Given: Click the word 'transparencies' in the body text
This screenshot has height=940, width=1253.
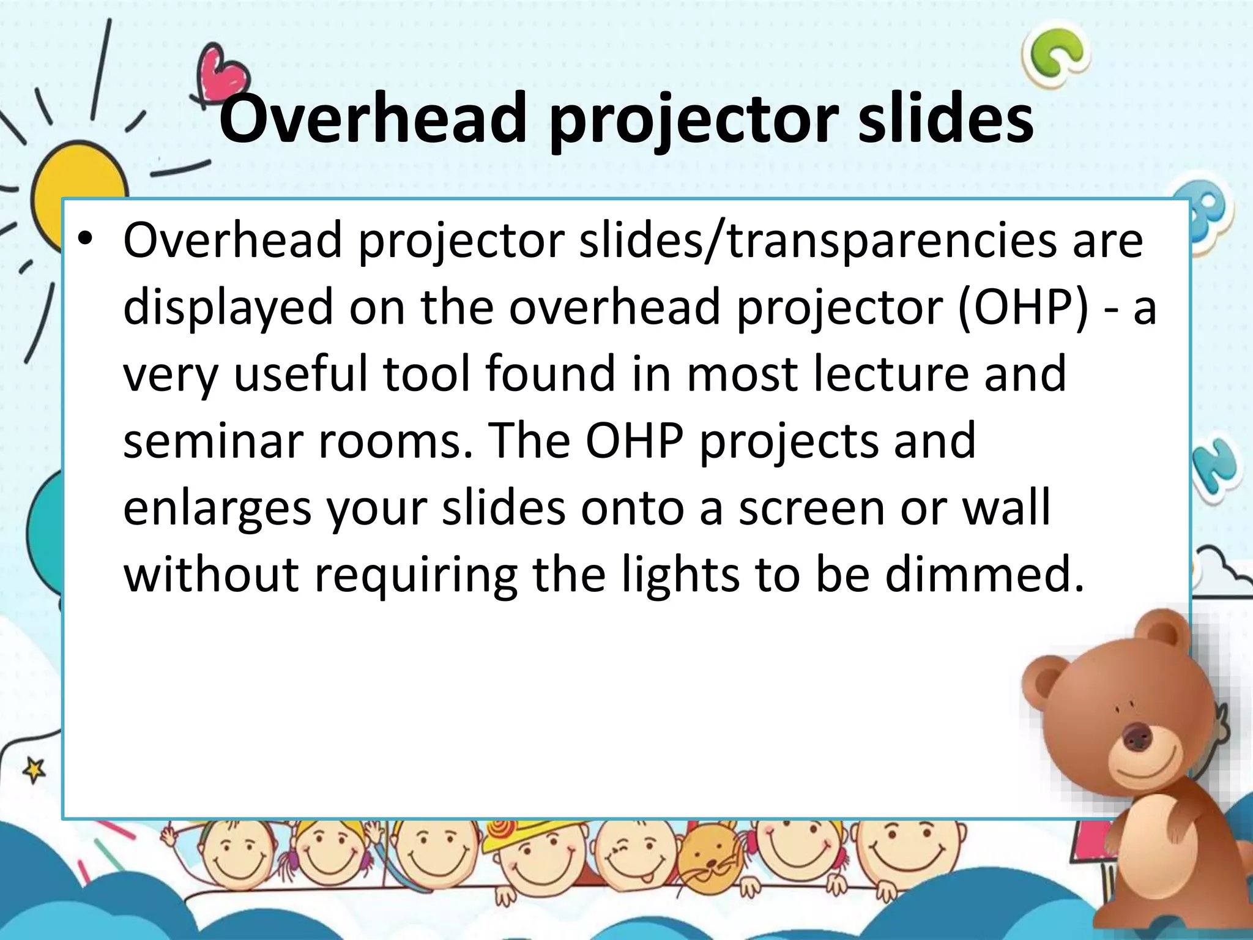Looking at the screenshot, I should point(891,241).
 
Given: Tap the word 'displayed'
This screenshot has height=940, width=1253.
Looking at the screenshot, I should point(228,308).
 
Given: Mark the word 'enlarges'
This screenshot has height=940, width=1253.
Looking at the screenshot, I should point(217,509).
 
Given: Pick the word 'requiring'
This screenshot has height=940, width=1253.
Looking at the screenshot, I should point(415,576).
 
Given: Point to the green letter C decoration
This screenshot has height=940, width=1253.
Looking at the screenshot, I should point(1057,55).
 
